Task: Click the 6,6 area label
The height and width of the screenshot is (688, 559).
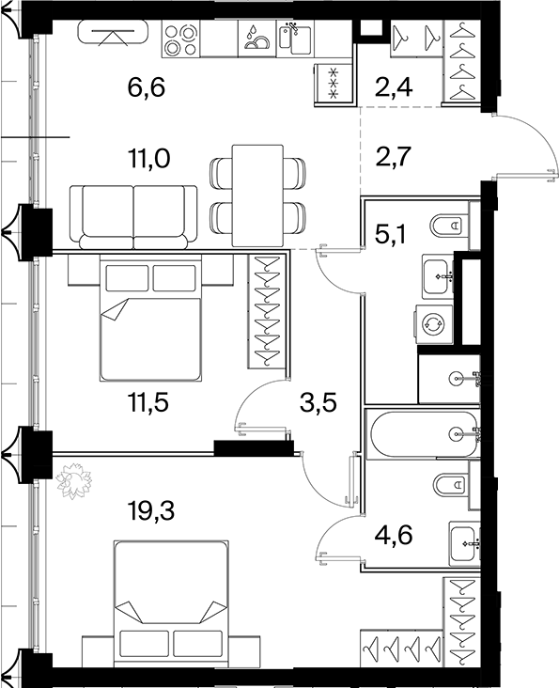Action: tap(146, 87)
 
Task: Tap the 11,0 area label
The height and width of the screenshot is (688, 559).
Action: tap(148, 159)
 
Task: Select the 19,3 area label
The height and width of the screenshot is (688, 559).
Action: tap(150, 510)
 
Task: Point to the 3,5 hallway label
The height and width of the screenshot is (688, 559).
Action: tap(318, 403)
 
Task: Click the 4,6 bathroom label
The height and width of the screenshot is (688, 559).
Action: tap(394, 536)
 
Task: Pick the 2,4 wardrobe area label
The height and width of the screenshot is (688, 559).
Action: tap(395, 86)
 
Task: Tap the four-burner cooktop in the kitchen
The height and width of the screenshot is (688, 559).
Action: tap(180, 39)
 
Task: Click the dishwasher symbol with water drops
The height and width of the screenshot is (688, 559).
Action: tap(256, 39)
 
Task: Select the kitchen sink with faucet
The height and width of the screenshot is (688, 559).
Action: tap(295, 39)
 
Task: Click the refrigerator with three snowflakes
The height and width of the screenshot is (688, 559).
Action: tap(334, 83)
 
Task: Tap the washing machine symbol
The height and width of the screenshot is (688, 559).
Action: tap(432, 324)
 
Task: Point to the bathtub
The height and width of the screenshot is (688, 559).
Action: tap(423, 434)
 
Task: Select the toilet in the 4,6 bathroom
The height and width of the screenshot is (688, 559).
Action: tap(451, 485)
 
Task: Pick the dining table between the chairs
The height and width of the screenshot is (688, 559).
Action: tap(257, 195)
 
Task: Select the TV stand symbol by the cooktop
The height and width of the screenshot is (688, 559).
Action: tap(113, 33)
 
